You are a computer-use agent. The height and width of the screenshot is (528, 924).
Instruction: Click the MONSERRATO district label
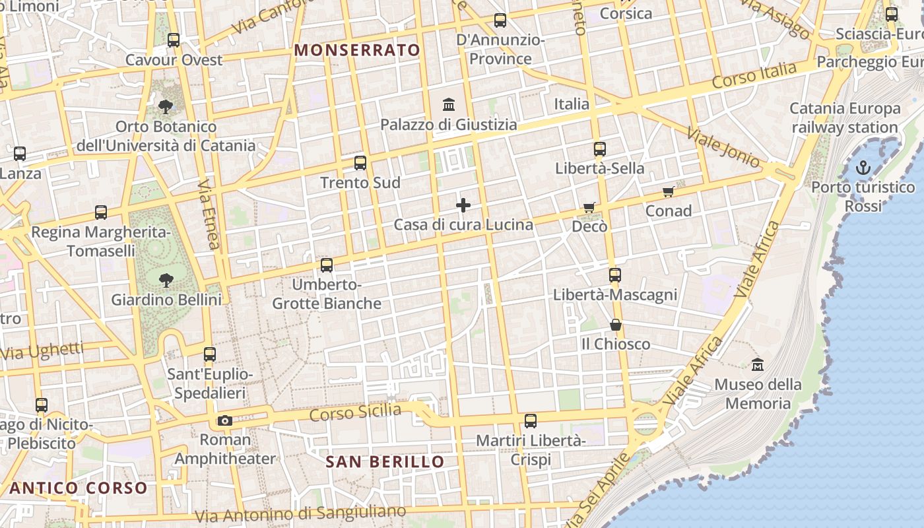[x=357, y=50]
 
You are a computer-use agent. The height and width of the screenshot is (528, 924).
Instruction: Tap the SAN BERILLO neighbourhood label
[x=385, y=461]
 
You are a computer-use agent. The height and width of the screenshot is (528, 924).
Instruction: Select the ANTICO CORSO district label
[x=79, y=488]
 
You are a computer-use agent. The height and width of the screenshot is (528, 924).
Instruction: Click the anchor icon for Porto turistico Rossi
[x=863, y=168]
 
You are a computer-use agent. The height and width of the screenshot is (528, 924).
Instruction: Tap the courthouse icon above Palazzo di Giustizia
[x=449, y=104]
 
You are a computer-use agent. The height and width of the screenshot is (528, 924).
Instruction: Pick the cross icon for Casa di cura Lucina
[x=463, y=205]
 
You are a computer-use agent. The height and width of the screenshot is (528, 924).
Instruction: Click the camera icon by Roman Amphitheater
[x=225, y=420]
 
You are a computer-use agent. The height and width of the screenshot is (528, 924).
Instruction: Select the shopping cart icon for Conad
[x=669, y=192]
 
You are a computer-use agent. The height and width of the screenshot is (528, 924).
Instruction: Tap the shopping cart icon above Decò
[x=589, y=207]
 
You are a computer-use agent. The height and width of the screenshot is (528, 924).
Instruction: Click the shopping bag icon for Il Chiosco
[x=616, y=325]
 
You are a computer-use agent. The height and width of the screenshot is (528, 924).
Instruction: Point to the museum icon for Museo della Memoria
[x=758, y=364]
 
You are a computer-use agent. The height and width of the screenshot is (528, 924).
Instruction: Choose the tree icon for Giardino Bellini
[x=166, y=280]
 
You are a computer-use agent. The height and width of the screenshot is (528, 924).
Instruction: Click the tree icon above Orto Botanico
[x=166, y=106]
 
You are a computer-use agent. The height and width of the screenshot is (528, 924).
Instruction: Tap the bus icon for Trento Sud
[x=360, y=162]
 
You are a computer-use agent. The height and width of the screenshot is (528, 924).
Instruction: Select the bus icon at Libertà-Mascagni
[x=615, y=275]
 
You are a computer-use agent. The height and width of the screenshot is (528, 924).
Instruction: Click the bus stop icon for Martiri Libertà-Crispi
[x=531, y=420]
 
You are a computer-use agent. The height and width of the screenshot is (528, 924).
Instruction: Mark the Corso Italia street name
[x=754, y=77]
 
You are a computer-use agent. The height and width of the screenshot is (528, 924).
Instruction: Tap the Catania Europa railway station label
[x=845, y=117]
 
